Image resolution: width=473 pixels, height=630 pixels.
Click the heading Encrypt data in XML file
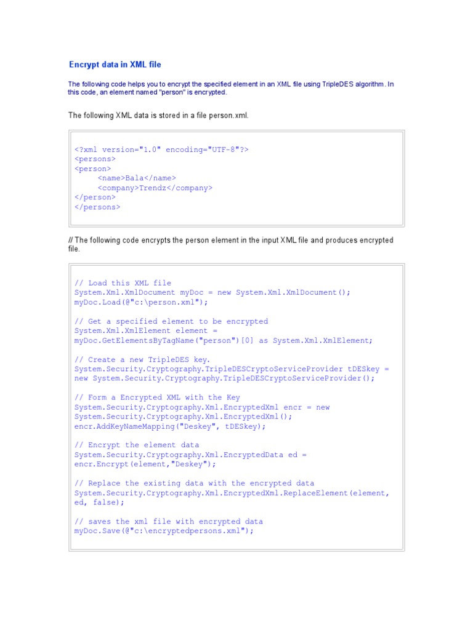pyautogui.click(x=115, y=65)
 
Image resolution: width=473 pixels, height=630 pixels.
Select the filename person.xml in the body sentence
pyautogui.click(x=229, y=115)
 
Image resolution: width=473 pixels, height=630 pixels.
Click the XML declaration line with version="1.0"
pyautogui.click(x=161, y=150)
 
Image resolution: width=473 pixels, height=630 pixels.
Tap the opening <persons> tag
pyautogui.click(x=95, y=159)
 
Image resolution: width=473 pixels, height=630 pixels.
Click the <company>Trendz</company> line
pyautogui.click(x=155, y=188)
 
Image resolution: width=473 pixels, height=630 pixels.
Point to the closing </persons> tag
pyautogui.click(x=97, y=207)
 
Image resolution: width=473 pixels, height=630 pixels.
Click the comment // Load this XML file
pyautogui.click(x=123, y=283)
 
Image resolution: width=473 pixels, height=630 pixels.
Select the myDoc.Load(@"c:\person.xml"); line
pyautogui.click(x=141, y=302)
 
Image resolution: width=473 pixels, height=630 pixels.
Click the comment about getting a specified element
pyautogui.click(x=171, y=321)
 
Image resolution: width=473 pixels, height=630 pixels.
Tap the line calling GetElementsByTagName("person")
pyautogui.click(x=224, y=340)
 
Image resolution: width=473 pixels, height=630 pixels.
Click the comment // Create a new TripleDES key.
pyautogui.click(x=142, y=359)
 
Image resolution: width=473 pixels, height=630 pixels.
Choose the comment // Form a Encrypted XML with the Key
pyautogui.click(x=157, y=397)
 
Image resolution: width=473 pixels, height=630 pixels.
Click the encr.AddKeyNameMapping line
pyautogui.click(x=170, y=426)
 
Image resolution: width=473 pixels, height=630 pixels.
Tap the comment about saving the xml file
pyautogui.click(x=169, y=521)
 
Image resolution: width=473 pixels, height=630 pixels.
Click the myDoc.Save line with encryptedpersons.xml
pyautogui.click(x=164, y=530)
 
